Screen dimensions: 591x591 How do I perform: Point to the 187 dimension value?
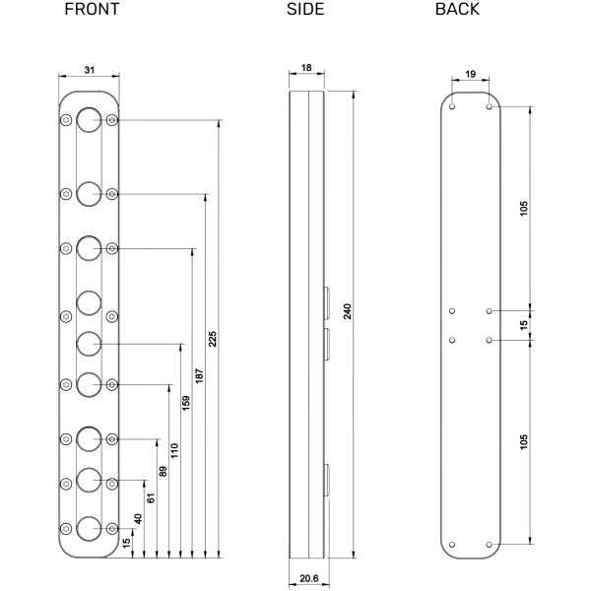(199, 372)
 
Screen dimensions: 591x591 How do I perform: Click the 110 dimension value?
(172, 448)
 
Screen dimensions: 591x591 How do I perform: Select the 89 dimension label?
(162, 471)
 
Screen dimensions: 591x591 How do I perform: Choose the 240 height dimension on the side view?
(348, 312)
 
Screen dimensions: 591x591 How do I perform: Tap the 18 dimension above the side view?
(307, 68)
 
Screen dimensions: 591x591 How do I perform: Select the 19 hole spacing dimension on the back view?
(471, 73)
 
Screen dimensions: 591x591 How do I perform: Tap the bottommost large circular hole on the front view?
(89, 527)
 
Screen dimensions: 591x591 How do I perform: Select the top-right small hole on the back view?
(490, 105)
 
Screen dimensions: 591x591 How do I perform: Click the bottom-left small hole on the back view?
(452, 543)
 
